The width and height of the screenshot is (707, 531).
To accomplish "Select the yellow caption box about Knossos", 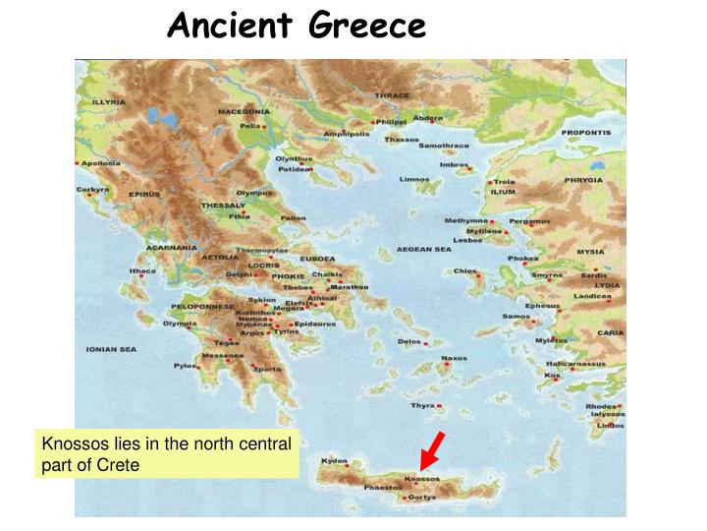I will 167,454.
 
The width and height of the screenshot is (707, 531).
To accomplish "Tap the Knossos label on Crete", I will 422,479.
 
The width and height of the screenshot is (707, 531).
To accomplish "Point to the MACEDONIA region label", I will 244,111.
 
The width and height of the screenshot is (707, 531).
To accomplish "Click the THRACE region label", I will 392,95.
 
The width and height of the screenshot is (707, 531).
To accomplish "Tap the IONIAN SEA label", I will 111,349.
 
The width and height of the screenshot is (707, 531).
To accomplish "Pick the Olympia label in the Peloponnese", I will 180,324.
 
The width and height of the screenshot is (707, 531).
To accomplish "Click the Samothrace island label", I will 444,146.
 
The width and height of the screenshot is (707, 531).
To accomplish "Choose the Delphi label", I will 239,274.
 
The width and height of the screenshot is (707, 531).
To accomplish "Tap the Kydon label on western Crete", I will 335,460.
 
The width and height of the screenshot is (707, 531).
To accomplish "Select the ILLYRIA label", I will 108,102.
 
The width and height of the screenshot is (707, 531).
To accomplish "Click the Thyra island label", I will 422,405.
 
